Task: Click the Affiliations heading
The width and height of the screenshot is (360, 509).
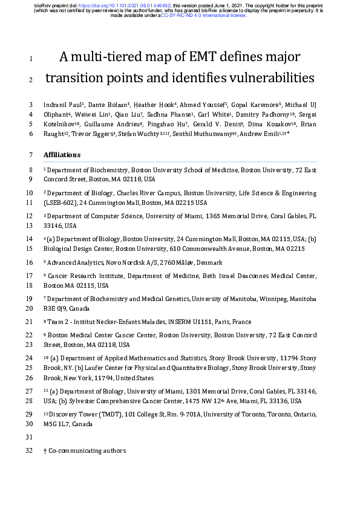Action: [x=62, y=155]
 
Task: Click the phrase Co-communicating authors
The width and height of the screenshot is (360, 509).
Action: [x=87, y=451]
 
